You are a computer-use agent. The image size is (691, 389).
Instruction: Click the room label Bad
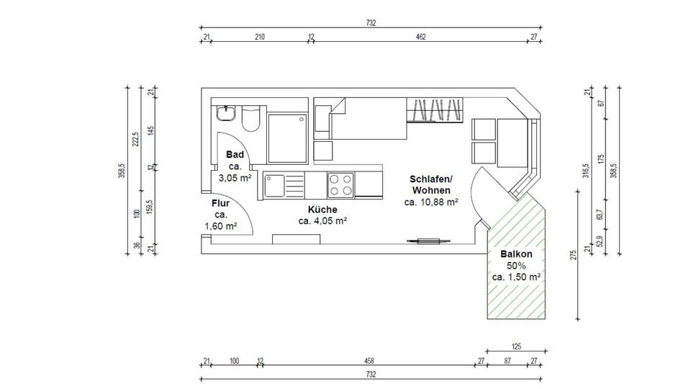[235, 154]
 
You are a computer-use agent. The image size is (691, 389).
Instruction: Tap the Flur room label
[220, 203]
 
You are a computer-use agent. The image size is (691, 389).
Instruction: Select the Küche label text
[322, 210]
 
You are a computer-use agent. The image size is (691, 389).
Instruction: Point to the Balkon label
[516, 254]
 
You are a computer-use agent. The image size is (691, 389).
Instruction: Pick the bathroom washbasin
[227, 113]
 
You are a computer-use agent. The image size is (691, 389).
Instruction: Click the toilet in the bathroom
[250, 119]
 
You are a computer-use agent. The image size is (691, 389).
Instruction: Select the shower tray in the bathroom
[287, 138]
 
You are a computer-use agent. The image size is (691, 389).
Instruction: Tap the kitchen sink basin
[274, 185]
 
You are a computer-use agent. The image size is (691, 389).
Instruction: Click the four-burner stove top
[340, 185]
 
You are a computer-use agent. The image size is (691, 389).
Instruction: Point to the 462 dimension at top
[421, 37]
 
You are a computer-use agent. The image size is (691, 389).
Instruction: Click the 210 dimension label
[260, 37]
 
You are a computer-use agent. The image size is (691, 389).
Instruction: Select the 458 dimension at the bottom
[369, 361]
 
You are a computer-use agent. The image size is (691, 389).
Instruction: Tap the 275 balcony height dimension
[574, 255]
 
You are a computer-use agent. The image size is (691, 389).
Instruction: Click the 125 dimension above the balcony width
[516, 346]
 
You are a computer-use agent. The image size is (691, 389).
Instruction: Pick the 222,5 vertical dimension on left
[136, 139]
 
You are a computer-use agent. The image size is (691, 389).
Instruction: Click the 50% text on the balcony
[516, 266]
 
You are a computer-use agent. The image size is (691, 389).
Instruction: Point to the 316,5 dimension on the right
[586, 170]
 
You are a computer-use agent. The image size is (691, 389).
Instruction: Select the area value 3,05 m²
[235, 178]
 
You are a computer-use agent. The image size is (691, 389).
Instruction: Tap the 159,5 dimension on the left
[150, 207]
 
